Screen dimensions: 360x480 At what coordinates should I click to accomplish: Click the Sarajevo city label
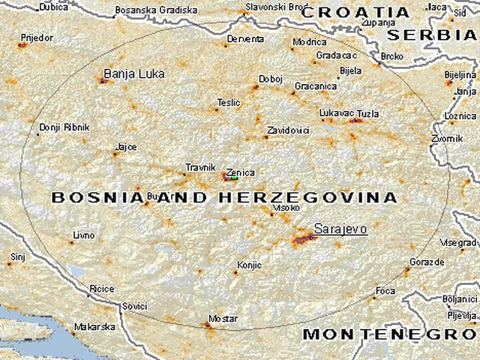[x=340, y=228]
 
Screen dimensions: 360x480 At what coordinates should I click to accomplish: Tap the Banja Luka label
[x=133, y=73]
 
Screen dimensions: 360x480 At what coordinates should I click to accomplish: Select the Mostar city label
[x=223, y=319]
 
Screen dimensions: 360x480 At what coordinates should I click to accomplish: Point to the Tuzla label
[x=367, y=114]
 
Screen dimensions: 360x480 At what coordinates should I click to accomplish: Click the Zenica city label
[x=240, y=172]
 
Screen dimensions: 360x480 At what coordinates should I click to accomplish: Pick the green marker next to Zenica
[x=234, y=178]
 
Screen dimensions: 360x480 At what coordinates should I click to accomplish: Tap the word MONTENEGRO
[x=389, y=333]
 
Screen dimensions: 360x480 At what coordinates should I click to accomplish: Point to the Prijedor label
[x=36, y=35]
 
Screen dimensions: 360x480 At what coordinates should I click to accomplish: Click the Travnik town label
[x=200, y=169]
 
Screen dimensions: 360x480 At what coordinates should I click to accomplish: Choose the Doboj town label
[x=270, y=78]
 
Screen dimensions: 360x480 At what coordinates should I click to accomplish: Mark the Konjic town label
[x=249, y=265]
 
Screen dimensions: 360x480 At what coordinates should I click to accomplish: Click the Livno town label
[x=83, y=235]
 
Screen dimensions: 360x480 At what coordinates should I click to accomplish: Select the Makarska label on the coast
[x=94, y=327]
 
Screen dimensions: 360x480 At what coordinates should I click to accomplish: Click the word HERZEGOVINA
[x=307, y=197]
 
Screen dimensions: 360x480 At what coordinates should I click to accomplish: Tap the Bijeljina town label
[x=460, y=75]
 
